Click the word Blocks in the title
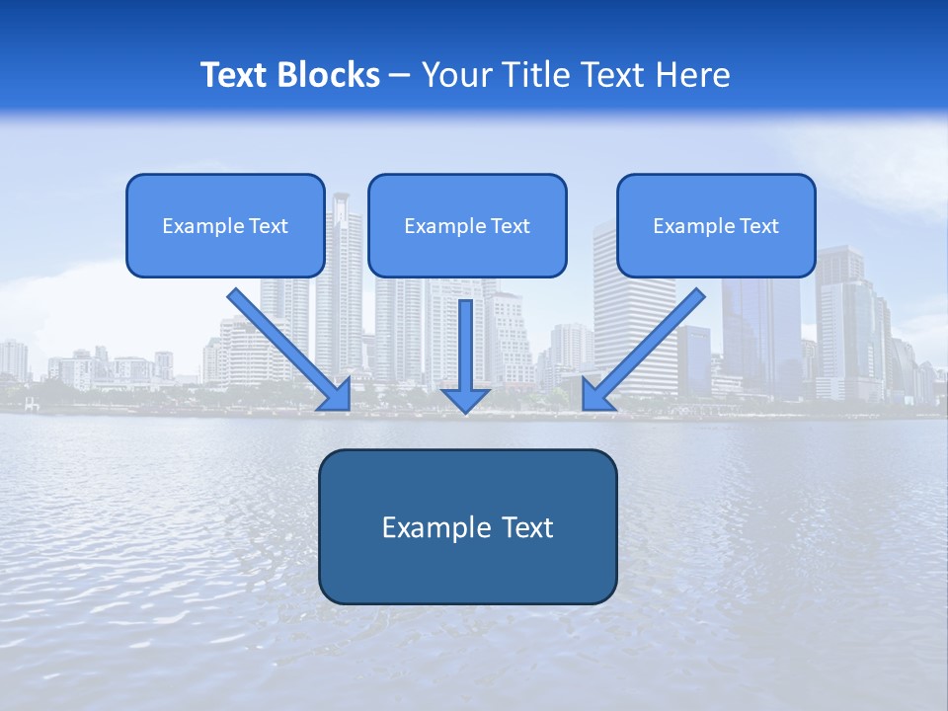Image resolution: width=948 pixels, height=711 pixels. point(329,75)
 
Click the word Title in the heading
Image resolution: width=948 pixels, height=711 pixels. point(529,75)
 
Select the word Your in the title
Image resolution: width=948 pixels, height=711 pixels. point(458,75)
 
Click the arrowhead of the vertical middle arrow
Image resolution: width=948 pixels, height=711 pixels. point(465,400)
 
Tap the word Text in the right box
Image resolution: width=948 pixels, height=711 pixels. point(758,226)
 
